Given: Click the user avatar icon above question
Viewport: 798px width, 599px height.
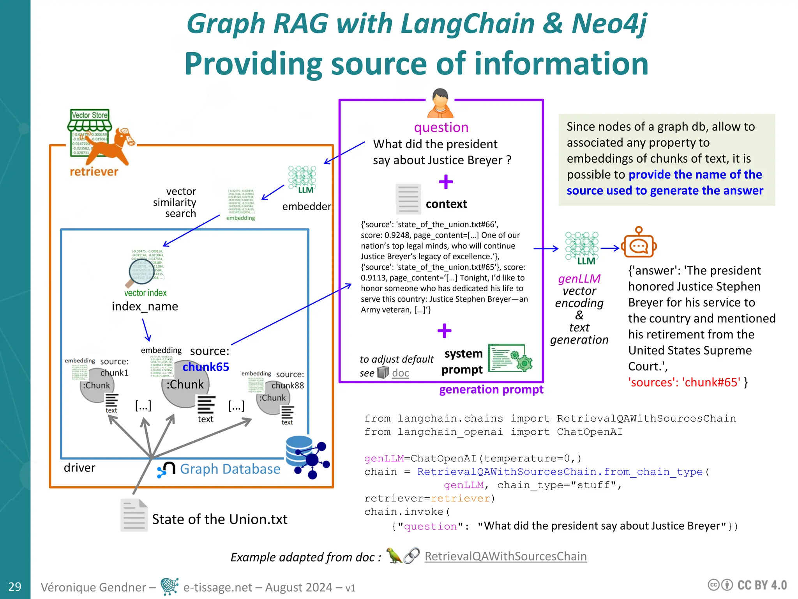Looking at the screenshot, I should pyautogui.click(x=440, y=104).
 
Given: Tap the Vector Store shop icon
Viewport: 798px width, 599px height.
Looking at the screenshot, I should pyautogui.click(x=89, y=133).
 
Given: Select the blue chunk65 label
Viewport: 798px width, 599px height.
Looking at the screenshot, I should pyautogui.click(x=206, y=367).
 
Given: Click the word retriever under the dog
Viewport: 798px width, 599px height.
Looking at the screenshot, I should pyautogui.click(x=94, y=172).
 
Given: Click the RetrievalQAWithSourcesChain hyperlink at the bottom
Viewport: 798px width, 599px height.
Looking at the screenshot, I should pyautogui.click(x=505, y=556).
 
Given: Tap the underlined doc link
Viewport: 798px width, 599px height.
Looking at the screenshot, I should pyautogui.click(x=400, y=373).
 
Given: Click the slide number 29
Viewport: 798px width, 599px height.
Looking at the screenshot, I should pyautogui.click(x=15, y=587).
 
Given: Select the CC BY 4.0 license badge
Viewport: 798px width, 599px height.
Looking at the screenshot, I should pyautogui.click(x=747, y=585).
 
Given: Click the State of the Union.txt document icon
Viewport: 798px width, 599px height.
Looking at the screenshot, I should pyautogui.click(x=134, y=515).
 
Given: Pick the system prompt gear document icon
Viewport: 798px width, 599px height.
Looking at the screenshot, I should pyautogui.click(x=510, y=358).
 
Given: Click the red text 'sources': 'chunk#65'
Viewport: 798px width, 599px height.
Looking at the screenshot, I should pyautogui.click(x=684, y=382).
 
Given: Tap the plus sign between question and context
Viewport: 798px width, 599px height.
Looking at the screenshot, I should pyautogui.click(x=446, y=182).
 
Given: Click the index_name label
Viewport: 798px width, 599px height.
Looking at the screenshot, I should pyautogui.click(x=145, y=307).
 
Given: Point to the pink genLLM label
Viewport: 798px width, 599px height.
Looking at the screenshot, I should pyautogui.click(x=579, y=278).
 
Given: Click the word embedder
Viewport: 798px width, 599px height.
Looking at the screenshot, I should pyautogui.click(x=307, y=206).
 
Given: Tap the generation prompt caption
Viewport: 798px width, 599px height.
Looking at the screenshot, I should pyautogui.click(x=491, y=390).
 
